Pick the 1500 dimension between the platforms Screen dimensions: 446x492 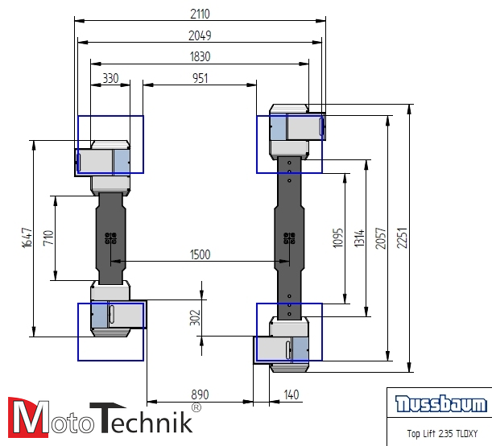[200, 254]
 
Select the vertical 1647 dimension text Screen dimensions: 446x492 [27, 237]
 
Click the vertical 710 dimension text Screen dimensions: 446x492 [48, 238]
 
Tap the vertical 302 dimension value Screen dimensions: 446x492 [194, 317]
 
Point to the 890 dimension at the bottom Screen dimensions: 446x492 [200, 394]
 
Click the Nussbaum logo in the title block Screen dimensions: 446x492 [440, 404]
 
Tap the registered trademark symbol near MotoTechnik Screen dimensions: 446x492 [196, 408]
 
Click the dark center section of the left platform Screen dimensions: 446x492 [110, 238]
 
